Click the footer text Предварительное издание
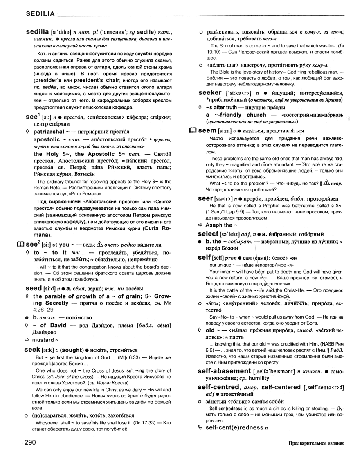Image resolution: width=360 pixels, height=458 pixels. tap(316, 443)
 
